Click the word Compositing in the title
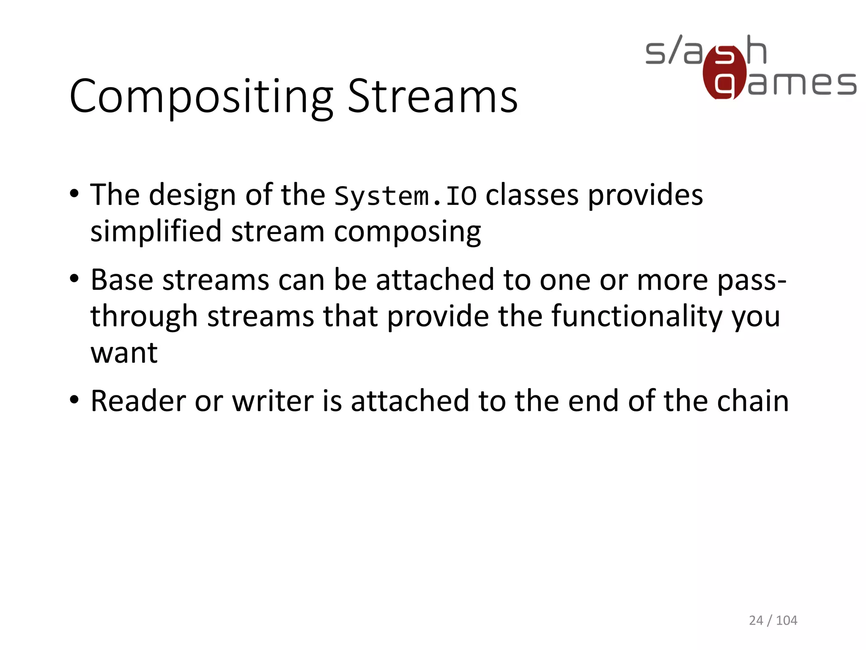[201, 97]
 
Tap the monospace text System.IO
[405, 196]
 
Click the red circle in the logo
[724, 73]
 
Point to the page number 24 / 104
[773, 620]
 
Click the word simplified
[156, 232]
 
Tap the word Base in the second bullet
[121, 280]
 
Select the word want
[124, 353]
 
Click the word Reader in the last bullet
[138, 401]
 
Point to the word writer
[273, 401]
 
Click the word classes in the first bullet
[532, 195]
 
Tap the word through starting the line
[144, 317]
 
